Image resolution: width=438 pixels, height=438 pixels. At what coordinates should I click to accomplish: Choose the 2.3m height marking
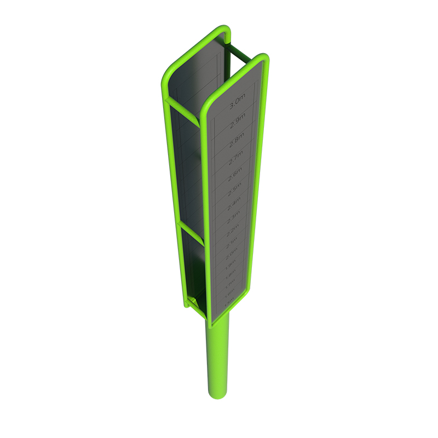tap(233, 217)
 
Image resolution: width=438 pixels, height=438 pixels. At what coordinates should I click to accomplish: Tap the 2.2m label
tap(233, 229)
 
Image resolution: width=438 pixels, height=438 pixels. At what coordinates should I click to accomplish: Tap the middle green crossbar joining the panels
tap(192, 234)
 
